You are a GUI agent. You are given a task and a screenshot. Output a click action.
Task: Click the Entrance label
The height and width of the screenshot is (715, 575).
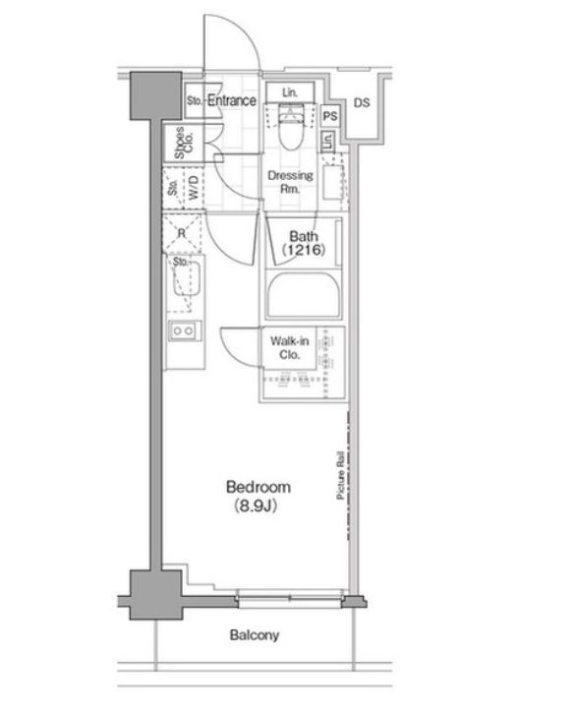tap(232, 100)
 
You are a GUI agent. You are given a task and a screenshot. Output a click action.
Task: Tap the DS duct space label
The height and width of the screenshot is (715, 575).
tap(362, 103)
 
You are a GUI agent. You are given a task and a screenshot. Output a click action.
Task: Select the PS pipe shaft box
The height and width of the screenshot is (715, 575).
tap(330, 116)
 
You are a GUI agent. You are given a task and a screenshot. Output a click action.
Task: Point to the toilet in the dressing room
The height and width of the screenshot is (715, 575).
tap(290, 127)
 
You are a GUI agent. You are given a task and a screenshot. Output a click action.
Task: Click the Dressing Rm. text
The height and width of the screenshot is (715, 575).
tap(290, 182)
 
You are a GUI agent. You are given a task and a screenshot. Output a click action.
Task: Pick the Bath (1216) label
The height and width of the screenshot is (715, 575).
tap(304, 243)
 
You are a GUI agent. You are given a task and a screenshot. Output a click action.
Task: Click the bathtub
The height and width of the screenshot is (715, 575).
tap(304, 294)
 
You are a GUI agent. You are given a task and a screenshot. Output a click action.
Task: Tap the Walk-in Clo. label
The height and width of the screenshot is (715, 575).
tap(289, 347)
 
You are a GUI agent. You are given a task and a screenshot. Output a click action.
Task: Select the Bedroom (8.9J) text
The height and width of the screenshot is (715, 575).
tap(258, 496)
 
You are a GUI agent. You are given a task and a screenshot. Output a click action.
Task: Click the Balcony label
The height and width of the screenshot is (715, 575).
tap(255, 635)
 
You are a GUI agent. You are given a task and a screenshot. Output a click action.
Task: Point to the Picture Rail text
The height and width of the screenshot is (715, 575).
tap(340, 475)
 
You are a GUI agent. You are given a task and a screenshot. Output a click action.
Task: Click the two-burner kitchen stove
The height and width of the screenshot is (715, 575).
tap(184, 330)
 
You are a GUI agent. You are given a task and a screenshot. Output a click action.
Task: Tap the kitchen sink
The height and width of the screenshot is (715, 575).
tap(186, 278)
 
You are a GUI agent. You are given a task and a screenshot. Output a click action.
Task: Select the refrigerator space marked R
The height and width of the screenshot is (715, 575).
tap(182, 233)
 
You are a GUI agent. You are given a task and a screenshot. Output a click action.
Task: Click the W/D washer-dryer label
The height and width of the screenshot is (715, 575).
tap(194, 188)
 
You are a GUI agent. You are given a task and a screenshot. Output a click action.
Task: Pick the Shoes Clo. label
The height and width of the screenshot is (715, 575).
tap(184, 143)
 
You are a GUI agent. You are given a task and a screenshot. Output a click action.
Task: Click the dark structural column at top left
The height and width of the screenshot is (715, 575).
tap(156, 96)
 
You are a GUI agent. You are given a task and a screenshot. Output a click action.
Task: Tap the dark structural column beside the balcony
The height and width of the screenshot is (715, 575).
tap(156, 595)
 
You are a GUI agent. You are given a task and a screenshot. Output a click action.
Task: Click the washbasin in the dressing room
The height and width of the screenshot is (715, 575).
tap(333, 182)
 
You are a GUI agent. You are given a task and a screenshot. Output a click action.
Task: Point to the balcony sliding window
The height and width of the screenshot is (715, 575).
tap(290, 598)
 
